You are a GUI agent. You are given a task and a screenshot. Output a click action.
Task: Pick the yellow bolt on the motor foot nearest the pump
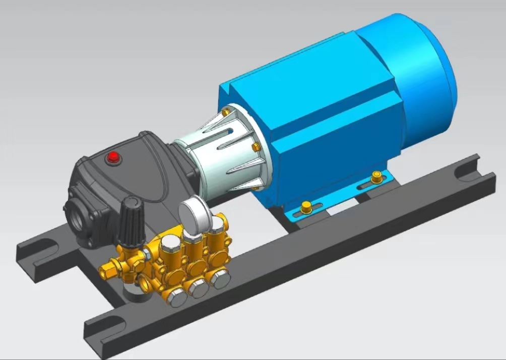pos(305,207)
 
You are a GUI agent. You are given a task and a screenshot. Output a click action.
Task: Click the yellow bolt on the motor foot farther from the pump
pos(376,177)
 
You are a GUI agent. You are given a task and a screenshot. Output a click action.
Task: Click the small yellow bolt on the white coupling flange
pos(255,147)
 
